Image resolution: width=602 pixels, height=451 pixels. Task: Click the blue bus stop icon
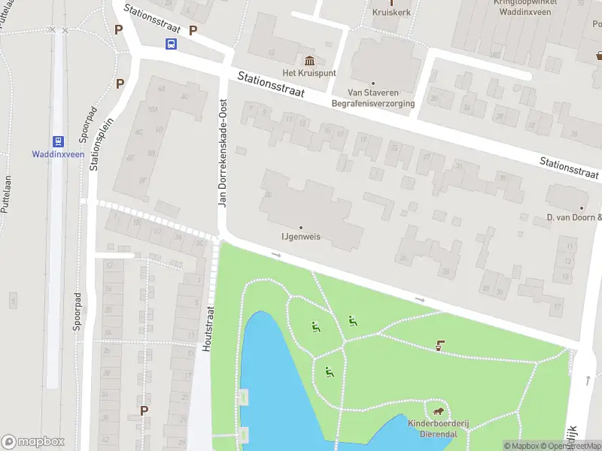point(172,44)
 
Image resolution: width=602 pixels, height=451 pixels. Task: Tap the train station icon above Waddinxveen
point(56,141)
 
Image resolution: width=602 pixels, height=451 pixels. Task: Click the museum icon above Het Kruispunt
point(309,60)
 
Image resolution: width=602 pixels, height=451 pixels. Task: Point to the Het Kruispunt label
point(309,73)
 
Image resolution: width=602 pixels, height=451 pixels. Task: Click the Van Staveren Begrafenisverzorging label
point(373,98)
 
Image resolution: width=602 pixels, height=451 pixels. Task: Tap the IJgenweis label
point(300,236)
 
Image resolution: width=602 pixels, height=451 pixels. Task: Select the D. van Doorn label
point(574,218)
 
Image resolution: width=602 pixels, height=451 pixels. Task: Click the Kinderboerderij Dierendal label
point(438,429)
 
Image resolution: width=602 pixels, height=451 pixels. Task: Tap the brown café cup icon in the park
point(439,346)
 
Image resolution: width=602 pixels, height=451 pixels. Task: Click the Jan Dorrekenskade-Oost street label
point(223,153)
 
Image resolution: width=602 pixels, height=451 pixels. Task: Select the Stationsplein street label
point(96,143)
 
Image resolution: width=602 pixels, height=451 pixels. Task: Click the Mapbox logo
point(33,442)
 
